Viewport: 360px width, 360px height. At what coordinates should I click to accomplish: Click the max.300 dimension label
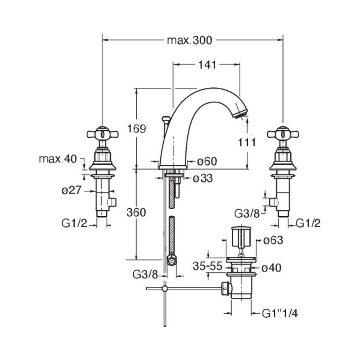189,40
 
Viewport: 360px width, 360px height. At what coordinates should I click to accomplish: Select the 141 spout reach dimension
207,65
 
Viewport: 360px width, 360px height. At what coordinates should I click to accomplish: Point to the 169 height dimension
137,129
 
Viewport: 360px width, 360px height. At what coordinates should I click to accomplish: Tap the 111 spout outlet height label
247,143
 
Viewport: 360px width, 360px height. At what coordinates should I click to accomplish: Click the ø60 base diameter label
207,161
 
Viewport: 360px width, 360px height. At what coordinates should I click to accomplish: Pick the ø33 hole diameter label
203,178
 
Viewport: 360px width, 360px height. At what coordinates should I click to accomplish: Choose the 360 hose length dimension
136,212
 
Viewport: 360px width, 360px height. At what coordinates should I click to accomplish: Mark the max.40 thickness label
58,159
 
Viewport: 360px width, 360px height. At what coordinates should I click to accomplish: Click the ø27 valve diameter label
72,190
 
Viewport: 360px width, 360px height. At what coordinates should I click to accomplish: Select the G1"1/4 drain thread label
280,313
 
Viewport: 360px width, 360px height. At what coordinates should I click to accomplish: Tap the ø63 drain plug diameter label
273,240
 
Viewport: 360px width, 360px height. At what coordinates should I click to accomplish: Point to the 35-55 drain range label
207,266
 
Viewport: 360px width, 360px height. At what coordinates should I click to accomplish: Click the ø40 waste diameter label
271,268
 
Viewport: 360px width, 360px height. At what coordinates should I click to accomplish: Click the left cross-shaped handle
103,134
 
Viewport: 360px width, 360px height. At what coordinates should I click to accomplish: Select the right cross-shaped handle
283,134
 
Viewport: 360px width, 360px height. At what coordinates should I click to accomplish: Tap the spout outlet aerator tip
241,115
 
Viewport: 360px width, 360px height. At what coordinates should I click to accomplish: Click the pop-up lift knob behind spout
166,119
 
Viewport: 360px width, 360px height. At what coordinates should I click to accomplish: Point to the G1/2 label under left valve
74,223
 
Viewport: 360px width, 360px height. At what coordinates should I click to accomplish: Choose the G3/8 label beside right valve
247,213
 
